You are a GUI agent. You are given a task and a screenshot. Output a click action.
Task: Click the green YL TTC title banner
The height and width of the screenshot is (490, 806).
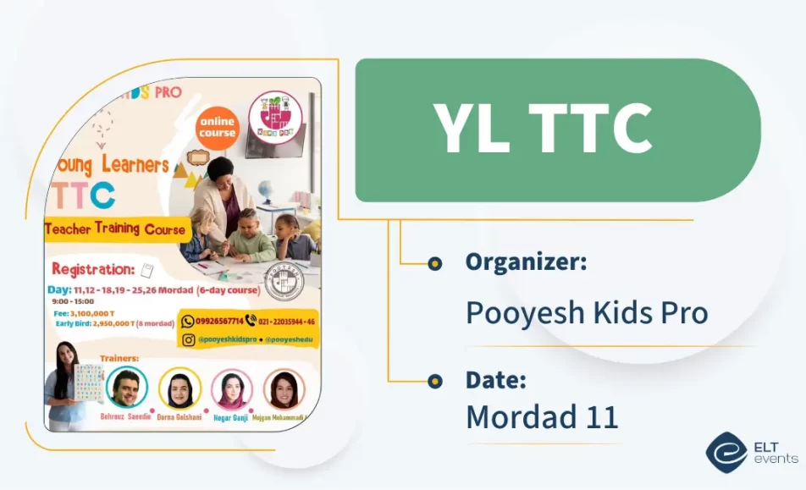pos(557,129)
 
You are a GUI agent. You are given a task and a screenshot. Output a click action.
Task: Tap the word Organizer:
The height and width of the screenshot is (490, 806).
pos(526,262)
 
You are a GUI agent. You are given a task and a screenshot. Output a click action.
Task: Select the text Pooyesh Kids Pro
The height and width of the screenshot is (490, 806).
pos(587,312)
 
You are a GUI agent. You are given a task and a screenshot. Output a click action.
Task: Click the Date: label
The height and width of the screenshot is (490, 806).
pos(494,380)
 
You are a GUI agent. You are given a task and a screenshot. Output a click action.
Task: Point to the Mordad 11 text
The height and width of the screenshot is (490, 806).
pos(542,416)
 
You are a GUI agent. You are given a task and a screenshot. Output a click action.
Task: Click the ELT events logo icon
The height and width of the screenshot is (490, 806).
pos(726,452)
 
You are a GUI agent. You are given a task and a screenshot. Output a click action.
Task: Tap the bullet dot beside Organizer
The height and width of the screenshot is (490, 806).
pos(434,263)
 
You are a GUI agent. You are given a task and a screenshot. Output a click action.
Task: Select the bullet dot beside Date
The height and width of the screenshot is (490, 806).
pos(434,381)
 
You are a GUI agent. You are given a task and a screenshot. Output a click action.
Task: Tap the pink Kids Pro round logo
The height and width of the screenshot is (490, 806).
pos(275,118)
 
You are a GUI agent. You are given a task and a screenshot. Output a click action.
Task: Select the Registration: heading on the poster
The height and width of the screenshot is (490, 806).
pos(93,269)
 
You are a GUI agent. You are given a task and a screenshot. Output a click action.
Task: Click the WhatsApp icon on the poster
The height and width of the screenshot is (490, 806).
pos(188,321)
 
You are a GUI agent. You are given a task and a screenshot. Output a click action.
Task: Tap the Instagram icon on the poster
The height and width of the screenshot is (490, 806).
pos(188,339)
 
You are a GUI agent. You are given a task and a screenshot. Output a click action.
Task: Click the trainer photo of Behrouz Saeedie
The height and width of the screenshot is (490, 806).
pos(127,388)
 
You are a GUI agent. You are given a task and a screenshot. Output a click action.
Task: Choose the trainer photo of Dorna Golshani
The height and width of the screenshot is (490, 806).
pos(179,388)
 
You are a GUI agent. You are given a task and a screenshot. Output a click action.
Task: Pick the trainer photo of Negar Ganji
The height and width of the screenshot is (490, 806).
pos(231,389)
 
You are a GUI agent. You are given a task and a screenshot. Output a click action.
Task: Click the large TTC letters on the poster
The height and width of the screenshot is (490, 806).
pos(83,195)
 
